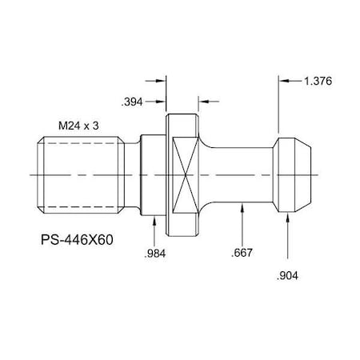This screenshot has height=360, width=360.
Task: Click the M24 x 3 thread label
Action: [x=82, y=126]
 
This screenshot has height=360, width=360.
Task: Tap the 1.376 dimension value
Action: [x=318, y=81]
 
